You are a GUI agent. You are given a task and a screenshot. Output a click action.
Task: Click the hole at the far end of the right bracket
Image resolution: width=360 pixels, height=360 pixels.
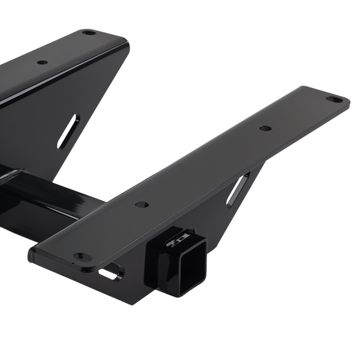point(334,100)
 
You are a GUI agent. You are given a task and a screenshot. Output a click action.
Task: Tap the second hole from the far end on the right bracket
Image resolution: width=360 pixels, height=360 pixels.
point(265,128)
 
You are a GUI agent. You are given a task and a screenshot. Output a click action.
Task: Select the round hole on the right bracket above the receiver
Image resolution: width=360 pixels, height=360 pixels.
point(142,205)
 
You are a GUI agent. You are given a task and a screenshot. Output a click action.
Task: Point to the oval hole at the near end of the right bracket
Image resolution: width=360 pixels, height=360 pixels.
point(82,257)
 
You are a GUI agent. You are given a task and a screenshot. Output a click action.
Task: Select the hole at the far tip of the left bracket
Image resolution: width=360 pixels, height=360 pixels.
point(89,32)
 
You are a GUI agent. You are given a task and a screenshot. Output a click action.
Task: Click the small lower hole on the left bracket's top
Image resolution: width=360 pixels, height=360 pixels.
point(42,62)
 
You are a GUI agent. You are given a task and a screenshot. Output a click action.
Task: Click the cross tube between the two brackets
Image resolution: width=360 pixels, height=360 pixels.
point(54,201)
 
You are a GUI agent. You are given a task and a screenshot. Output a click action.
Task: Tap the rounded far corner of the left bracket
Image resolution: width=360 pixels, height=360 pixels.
point(124,41)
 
